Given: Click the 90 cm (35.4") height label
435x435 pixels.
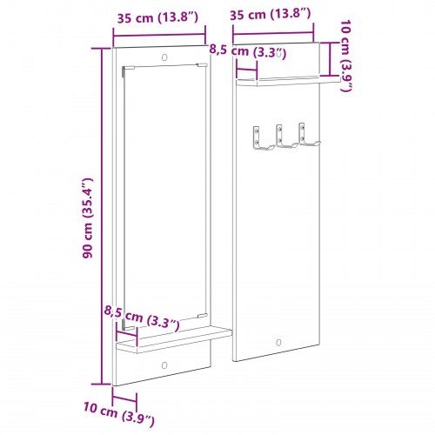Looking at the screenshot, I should coord(86,224).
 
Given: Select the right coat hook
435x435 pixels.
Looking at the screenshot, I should coord(305,137).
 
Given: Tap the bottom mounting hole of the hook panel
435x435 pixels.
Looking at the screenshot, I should coord(278,342).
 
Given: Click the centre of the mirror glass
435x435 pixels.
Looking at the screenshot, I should coord(164,196).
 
